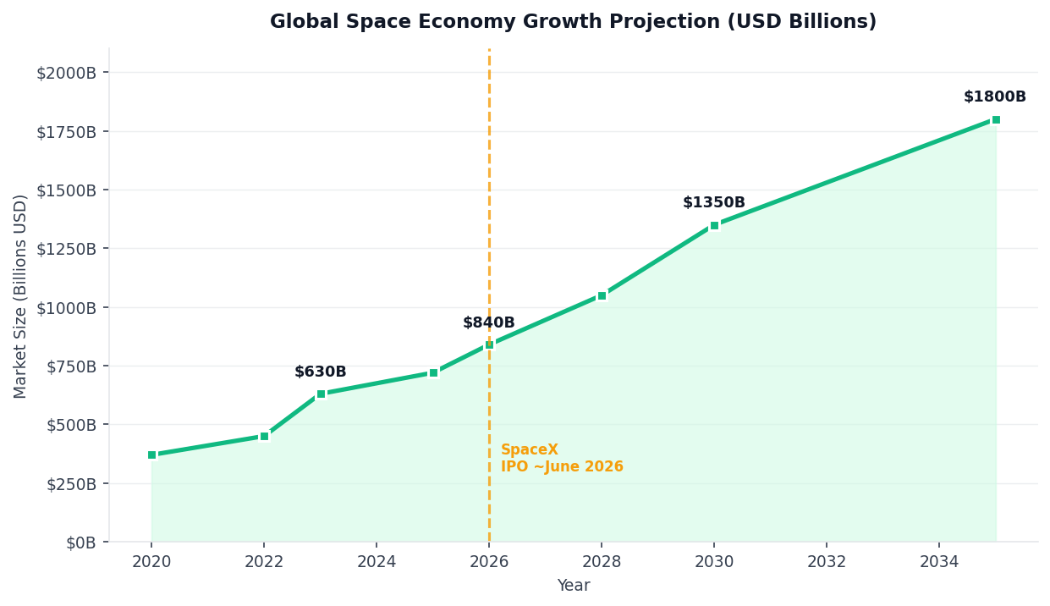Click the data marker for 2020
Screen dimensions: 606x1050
(x=152, y=454)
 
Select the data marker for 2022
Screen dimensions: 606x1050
(x=264, y=436)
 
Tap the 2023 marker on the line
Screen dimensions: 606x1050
(x=321, y=394)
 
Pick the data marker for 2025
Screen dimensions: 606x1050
(x=433, y=372)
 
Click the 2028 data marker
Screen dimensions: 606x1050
(x=602, y=295)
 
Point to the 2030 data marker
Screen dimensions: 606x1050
(x=714, y=225)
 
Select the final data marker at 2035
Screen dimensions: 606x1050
(x=996, y=119)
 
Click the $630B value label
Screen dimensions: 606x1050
(x=321, y=372)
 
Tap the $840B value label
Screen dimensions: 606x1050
(x=489, y=323)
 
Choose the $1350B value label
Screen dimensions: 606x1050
(x=714, y=203)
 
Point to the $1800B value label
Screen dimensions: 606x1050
(x=995, y=97)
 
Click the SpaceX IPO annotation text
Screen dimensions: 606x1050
(x=562, y=459)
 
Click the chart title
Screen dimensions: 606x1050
(x=573, y=22)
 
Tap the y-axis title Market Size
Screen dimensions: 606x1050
(x=21, y=295)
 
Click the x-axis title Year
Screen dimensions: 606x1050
(x=573, y=586)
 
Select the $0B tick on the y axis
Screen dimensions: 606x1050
(x=83, y=543)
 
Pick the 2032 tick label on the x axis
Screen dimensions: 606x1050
(x=827, y=561)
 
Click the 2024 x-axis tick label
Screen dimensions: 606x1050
(x=377, y=561)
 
